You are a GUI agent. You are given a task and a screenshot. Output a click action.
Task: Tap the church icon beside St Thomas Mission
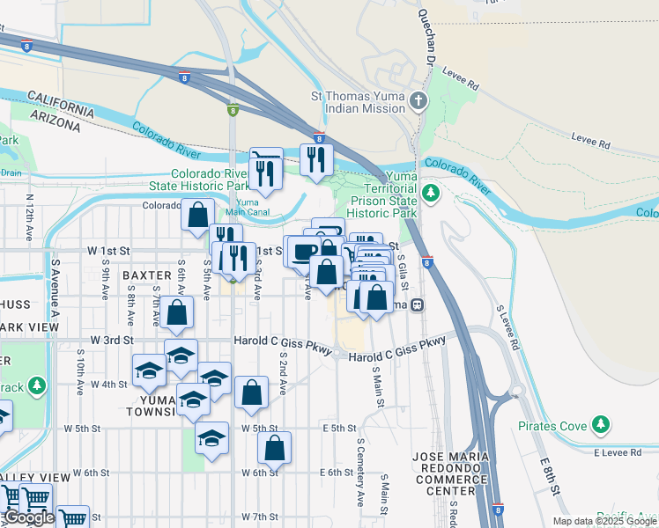coord(418,101)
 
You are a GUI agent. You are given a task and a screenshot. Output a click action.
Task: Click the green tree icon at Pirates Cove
coord(601,426)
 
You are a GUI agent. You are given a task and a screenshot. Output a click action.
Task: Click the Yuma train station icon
coord(418,305)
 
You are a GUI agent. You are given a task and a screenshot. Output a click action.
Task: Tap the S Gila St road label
coord(402,274)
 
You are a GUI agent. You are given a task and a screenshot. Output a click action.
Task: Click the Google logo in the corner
coord(29,518)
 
